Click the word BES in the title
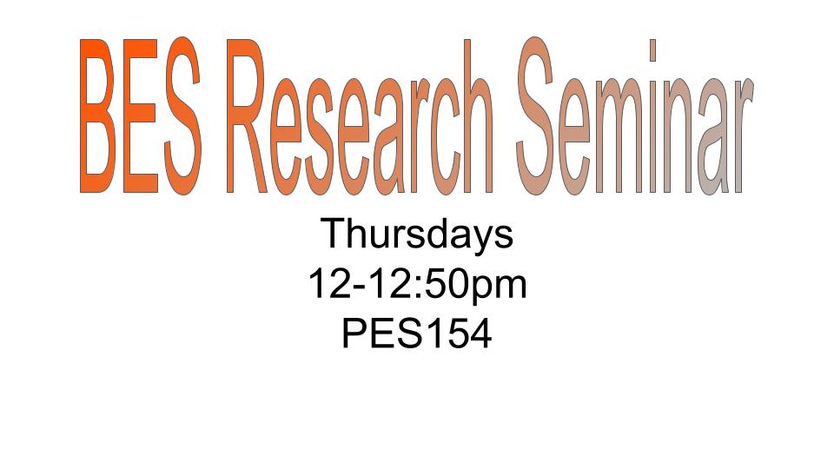pyautogui.click(x=141, y=115)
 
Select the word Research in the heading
pyautogui.click(x=360, y=115)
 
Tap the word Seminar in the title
pyautogui.click(x=634, y=115)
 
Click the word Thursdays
pyautogui.click(x=417, y=234)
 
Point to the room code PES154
pyautogui.click(x=417, y=334)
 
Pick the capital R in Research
pyautogui.click(x=247, y=116)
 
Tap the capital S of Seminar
pyautogui.click(x=534, y=115)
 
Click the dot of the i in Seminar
pyautogui.click(x=652, y=50)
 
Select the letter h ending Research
pyautogui.click(x=479, y=116)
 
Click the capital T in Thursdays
pyautogui.click(x=334, y=233)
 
